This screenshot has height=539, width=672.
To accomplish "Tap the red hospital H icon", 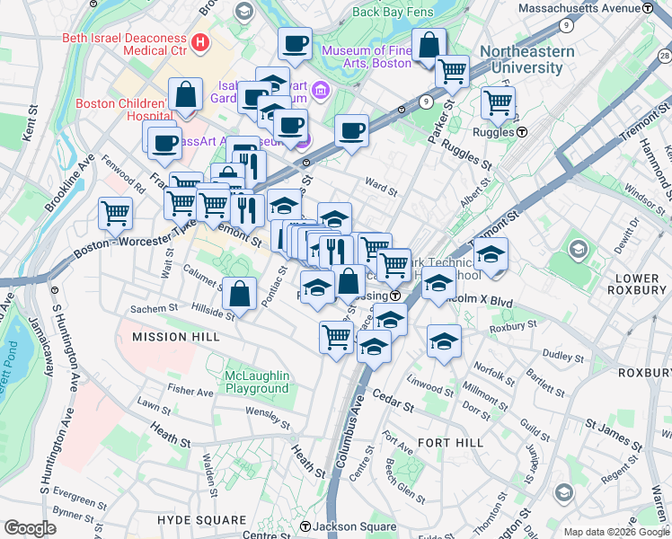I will pyautogui.click(x=199, y=41).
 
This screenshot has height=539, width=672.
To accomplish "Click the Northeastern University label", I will pyautogui.click(x=526, y=60).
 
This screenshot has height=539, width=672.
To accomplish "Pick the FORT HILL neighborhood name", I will pyautogui.click(x=450, y=443).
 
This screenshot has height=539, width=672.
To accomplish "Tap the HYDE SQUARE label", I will pyautogui.click(x=201, y=520).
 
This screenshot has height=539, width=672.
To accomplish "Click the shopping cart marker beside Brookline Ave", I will pyautogui.click(x=115, y=214).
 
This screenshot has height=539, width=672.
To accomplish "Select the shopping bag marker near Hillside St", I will pyautogui.click(x=241, y=293).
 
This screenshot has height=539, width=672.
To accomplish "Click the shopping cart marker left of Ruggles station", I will pyautogui.click(x=498, y=102).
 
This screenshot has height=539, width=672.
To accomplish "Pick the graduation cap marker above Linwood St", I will pyautogui.click(x=444, y=341).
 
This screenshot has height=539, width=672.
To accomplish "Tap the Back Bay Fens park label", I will pyautogui.click(x=393, y=12).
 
